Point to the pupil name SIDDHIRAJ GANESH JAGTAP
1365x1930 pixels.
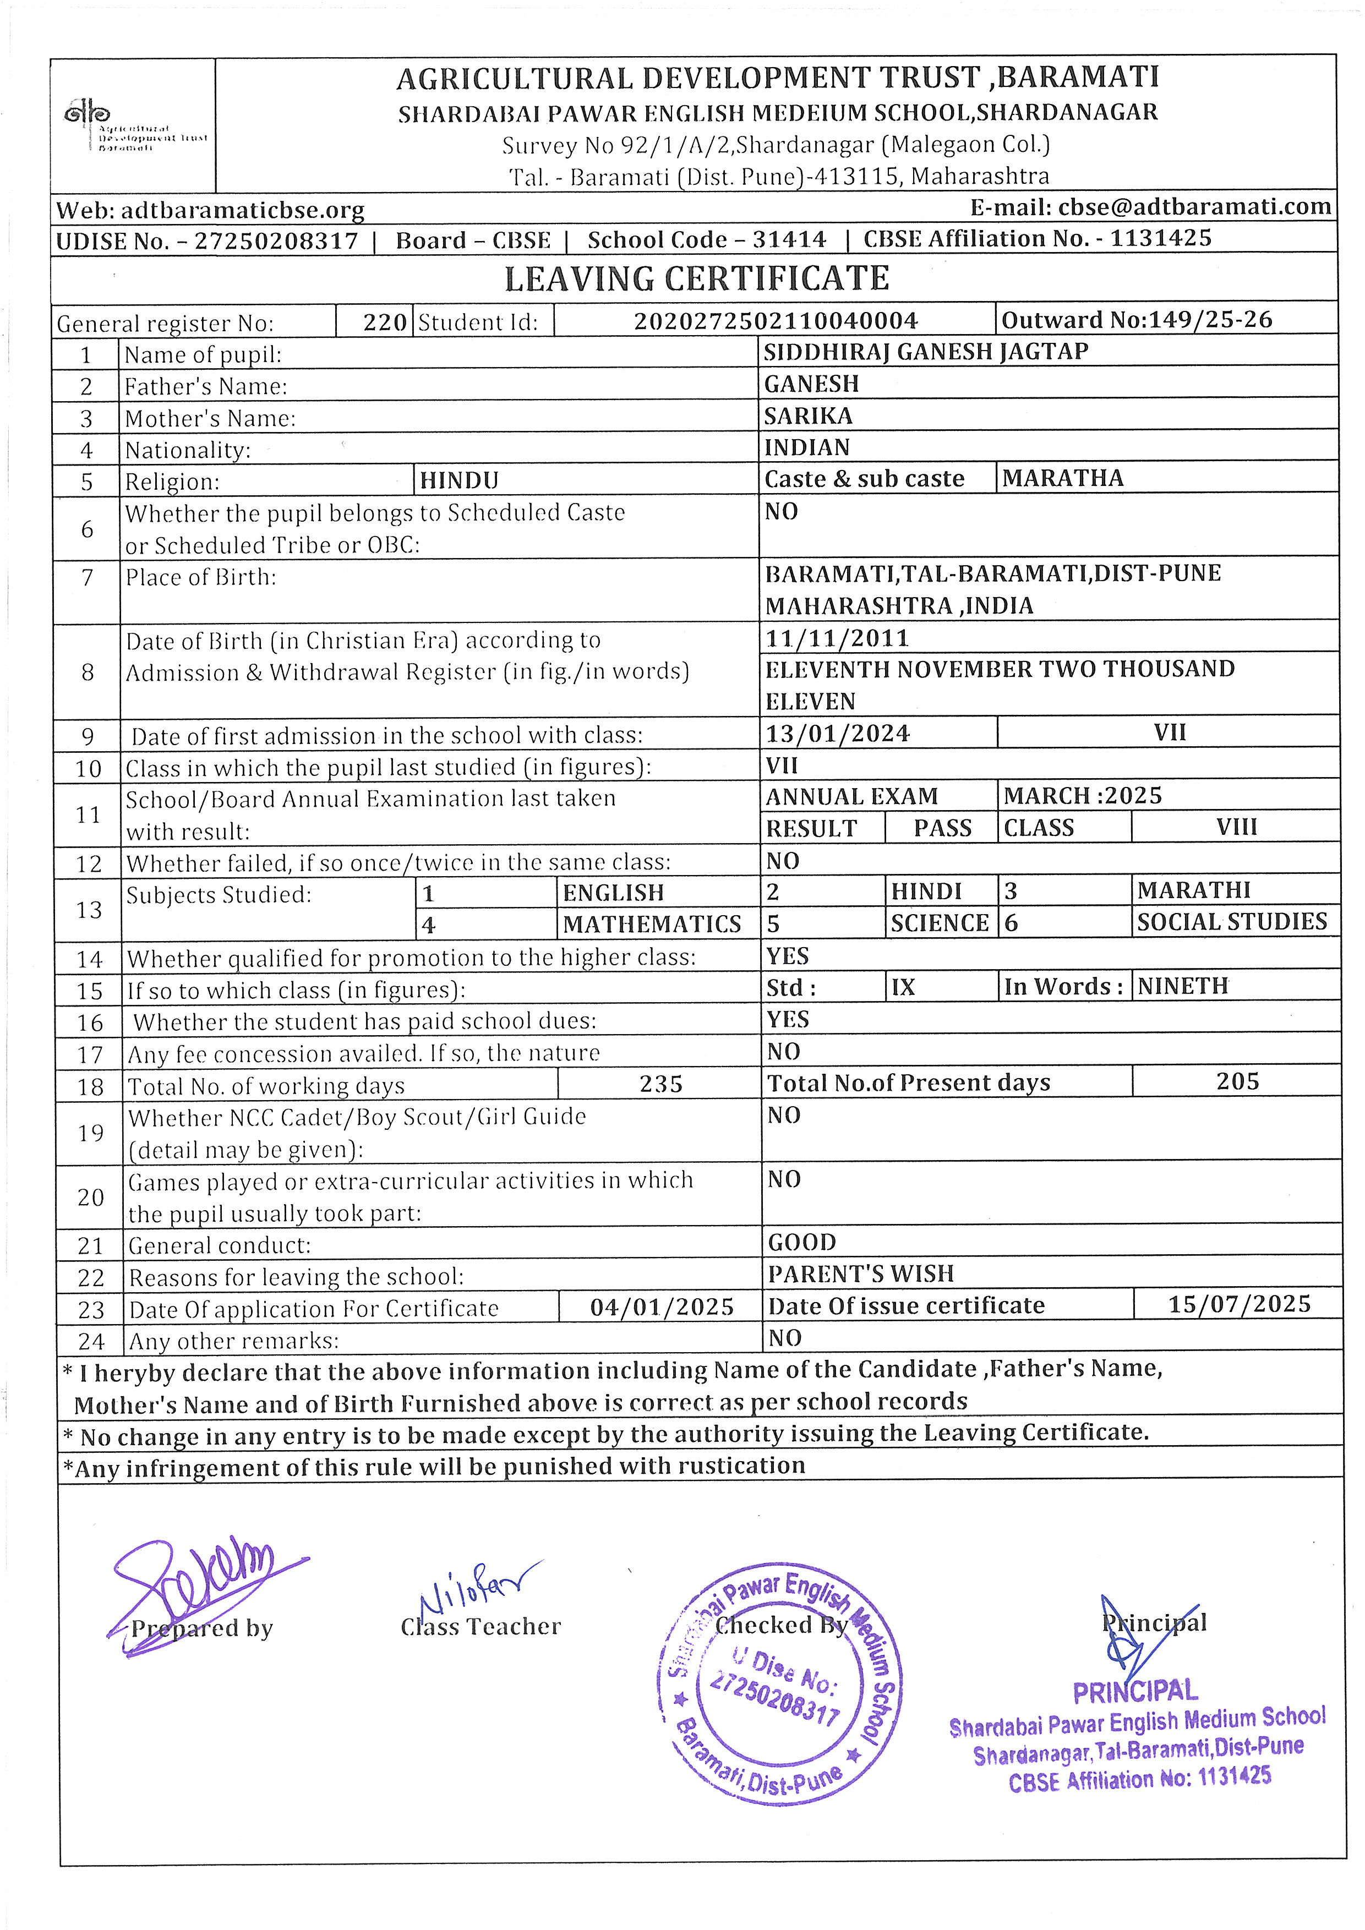click(x=925, y=351)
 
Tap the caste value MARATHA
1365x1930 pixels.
click(x=1062, y=478)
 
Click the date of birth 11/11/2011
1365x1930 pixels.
click(x=837, y=638)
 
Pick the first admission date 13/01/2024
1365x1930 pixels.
click(x=837, y=734)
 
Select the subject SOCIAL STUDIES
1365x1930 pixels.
click(x=1231, y=922)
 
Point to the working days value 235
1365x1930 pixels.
click(x=660, y=1084)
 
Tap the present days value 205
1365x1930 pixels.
click(x=1237, y=1082)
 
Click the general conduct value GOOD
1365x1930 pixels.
click(x=802, y=1243)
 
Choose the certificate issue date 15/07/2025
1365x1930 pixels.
click(x=1239, y=1305)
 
